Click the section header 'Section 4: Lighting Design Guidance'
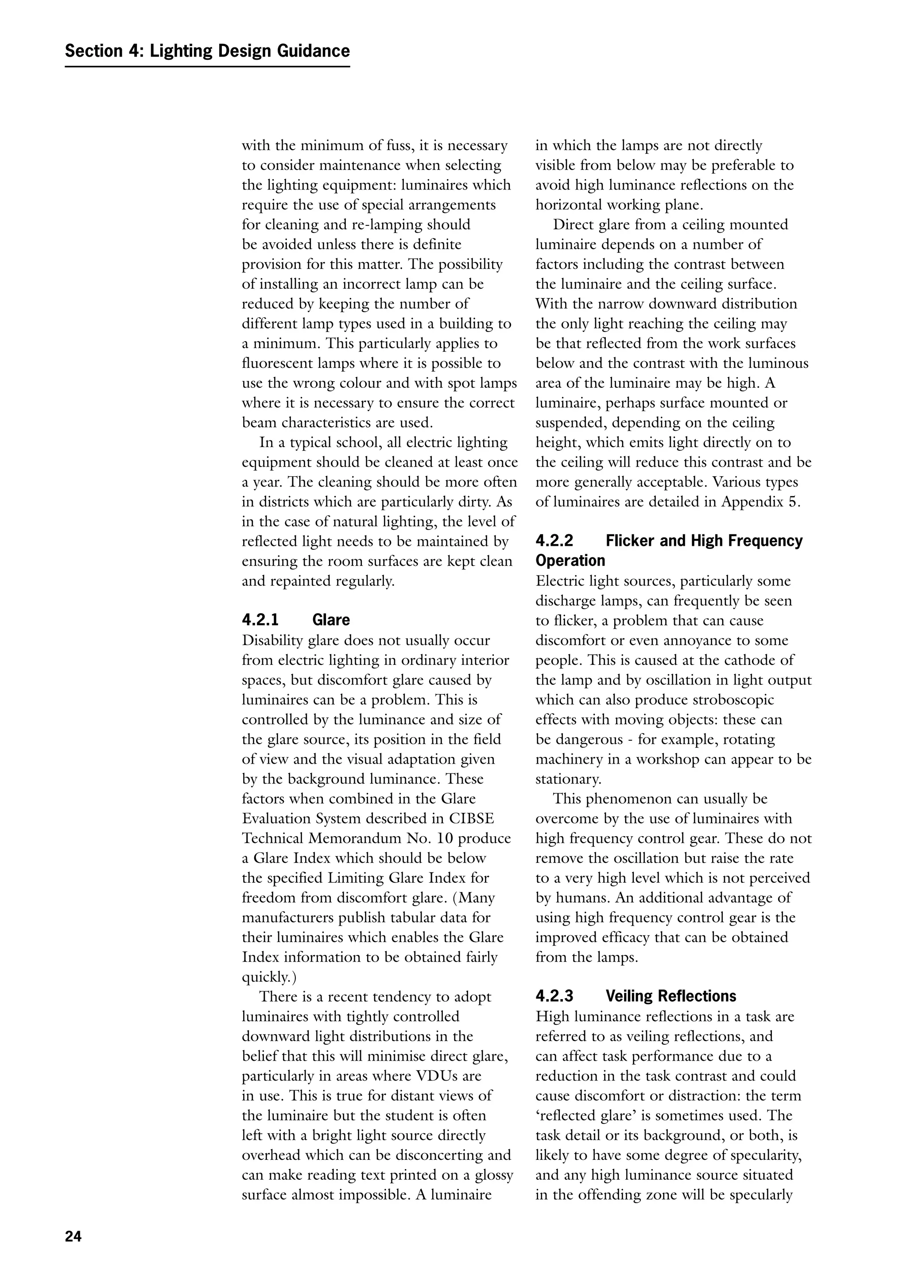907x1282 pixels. click(207, 51)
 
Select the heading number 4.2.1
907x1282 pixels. click(260, 620)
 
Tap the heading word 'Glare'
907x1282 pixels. click(331, 620)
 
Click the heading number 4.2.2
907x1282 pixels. click(554, 541)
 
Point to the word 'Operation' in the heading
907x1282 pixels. click(570, 560)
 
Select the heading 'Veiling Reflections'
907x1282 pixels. click(671, 996)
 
